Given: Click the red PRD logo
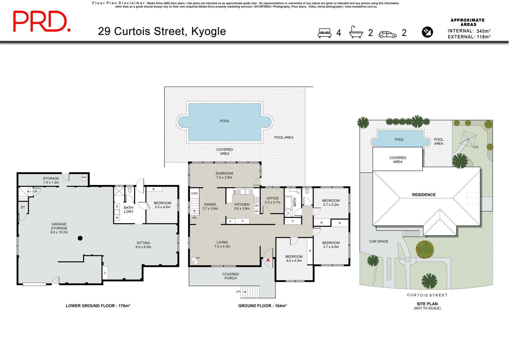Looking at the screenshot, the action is click(42, 21).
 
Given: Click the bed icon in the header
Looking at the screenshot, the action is click(324, 33).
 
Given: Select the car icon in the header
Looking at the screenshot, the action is click(387, 34).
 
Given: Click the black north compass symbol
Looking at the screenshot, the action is click(427, 32).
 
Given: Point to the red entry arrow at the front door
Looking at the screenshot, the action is click(268, 260).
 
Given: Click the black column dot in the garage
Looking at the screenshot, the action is click(80, 238).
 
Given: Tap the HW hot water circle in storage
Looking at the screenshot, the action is click(84, 177).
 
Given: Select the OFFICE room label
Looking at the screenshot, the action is click(272, 198).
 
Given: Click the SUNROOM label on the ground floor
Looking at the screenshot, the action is click(224, 173).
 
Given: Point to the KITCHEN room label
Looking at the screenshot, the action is click(242, 204).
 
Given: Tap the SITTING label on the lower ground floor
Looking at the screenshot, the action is click(143, 243).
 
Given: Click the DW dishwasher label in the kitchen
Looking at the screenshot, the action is click(235, 192).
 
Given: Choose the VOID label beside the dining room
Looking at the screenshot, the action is click(194, 193).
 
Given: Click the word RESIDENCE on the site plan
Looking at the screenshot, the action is click(424, 195).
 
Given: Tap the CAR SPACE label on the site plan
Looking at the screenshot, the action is click(379, 241).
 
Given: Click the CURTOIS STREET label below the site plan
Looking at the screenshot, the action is click(427, 295).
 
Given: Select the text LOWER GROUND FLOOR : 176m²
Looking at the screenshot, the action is click(98, 306).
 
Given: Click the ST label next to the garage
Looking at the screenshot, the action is click(23, 207).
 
